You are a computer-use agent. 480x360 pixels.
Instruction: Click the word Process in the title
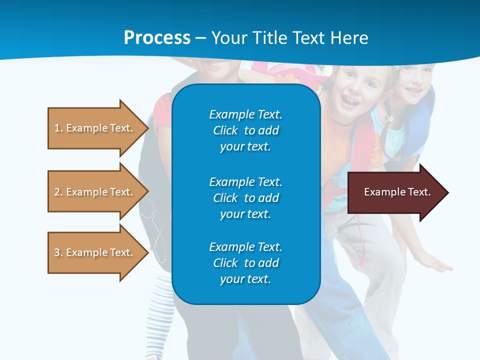click(157, 38)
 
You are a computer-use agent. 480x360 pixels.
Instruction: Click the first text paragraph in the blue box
click(245, 130)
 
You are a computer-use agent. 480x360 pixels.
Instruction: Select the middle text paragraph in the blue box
click(245, 197)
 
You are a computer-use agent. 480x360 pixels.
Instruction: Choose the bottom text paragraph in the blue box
click(245, 263)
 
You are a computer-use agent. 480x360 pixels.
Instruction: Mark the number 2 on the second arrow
click(57, 192)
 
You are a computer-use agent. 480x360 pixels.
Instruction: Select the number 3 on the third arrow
click(57, 252)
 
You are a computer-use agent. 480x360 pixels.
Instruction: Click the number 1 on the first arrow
click(57, 128)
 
